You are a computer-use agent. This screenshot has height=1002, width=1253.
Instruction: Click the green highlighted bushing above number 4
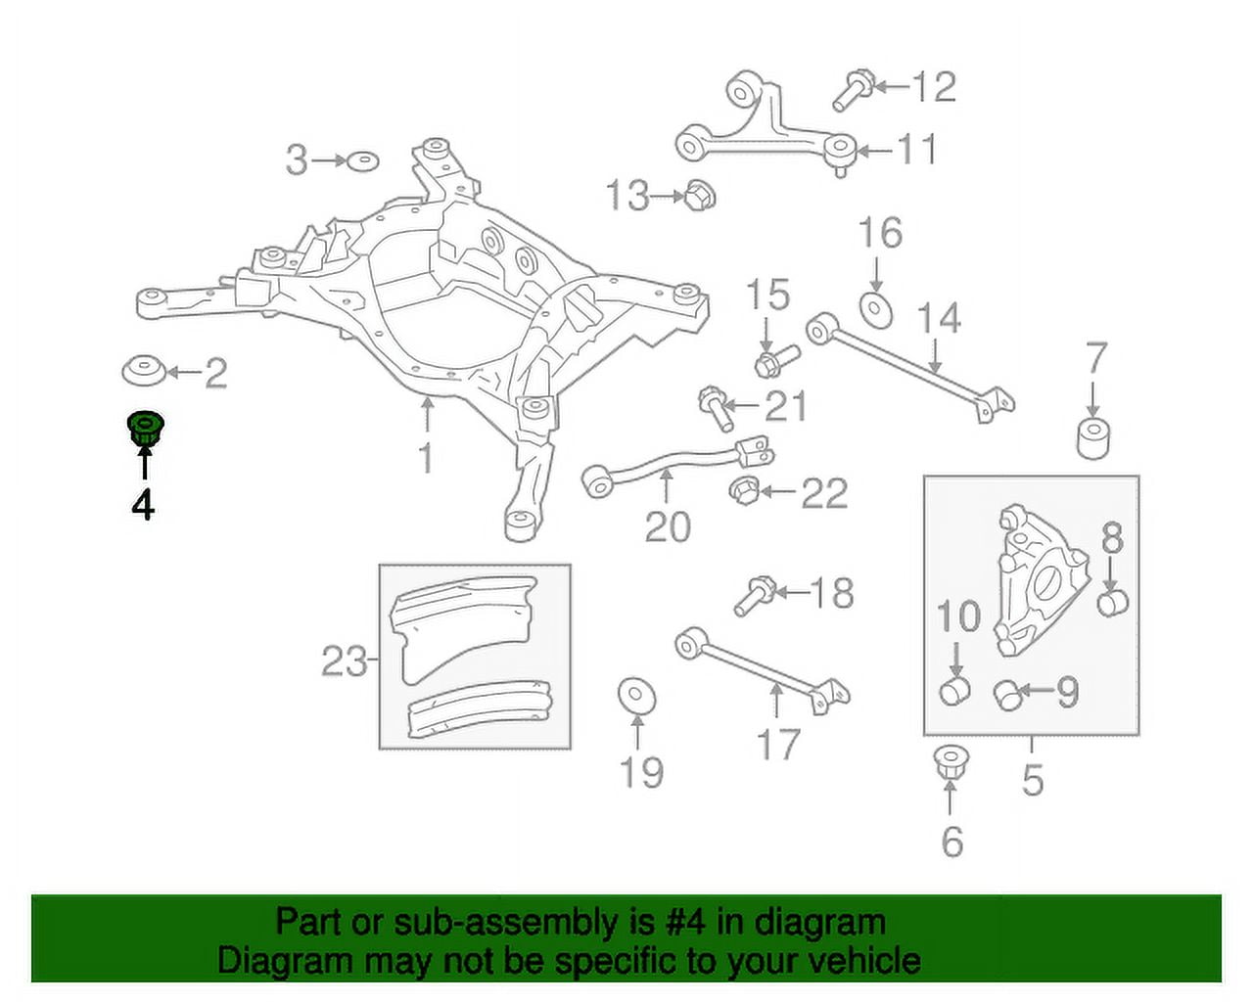pos(145,431)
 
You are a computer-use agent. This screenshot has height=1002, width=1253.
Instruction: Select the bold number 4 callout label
pos(143,504)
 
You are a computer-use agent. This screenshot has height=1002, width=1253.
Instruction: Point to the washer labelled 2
pos(144,370)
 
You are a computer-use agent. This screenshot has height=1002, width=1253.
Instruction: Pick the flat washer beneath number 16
pos(876,311)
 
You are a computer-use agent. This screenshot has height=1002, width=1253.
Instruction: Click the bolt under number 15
pos(776,361)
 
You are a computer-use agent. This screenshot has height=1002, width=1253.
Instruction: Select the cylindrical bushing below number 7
pos(1092,438)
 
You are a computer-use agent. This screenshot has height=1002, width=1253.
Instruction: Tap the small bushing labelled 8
pos(1113,603)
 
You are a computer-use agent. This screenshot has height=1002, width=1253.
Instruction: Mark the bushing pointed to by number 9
pos(1008,695)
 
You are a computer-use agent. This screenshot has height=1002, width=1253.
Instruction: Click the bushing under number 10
pos(954,690)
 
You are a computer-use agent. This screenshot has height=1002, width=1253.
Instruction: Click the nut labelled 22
pos(745,490)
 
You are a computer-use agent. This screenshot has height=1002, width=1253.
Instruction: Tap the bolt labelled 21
pos(717,409)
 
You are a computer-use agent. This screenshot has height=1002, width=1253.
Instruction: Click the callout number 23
pos(345,662)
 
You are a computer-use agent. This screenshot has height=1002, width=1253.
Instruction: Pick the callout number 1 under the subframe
pos(426,458)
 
